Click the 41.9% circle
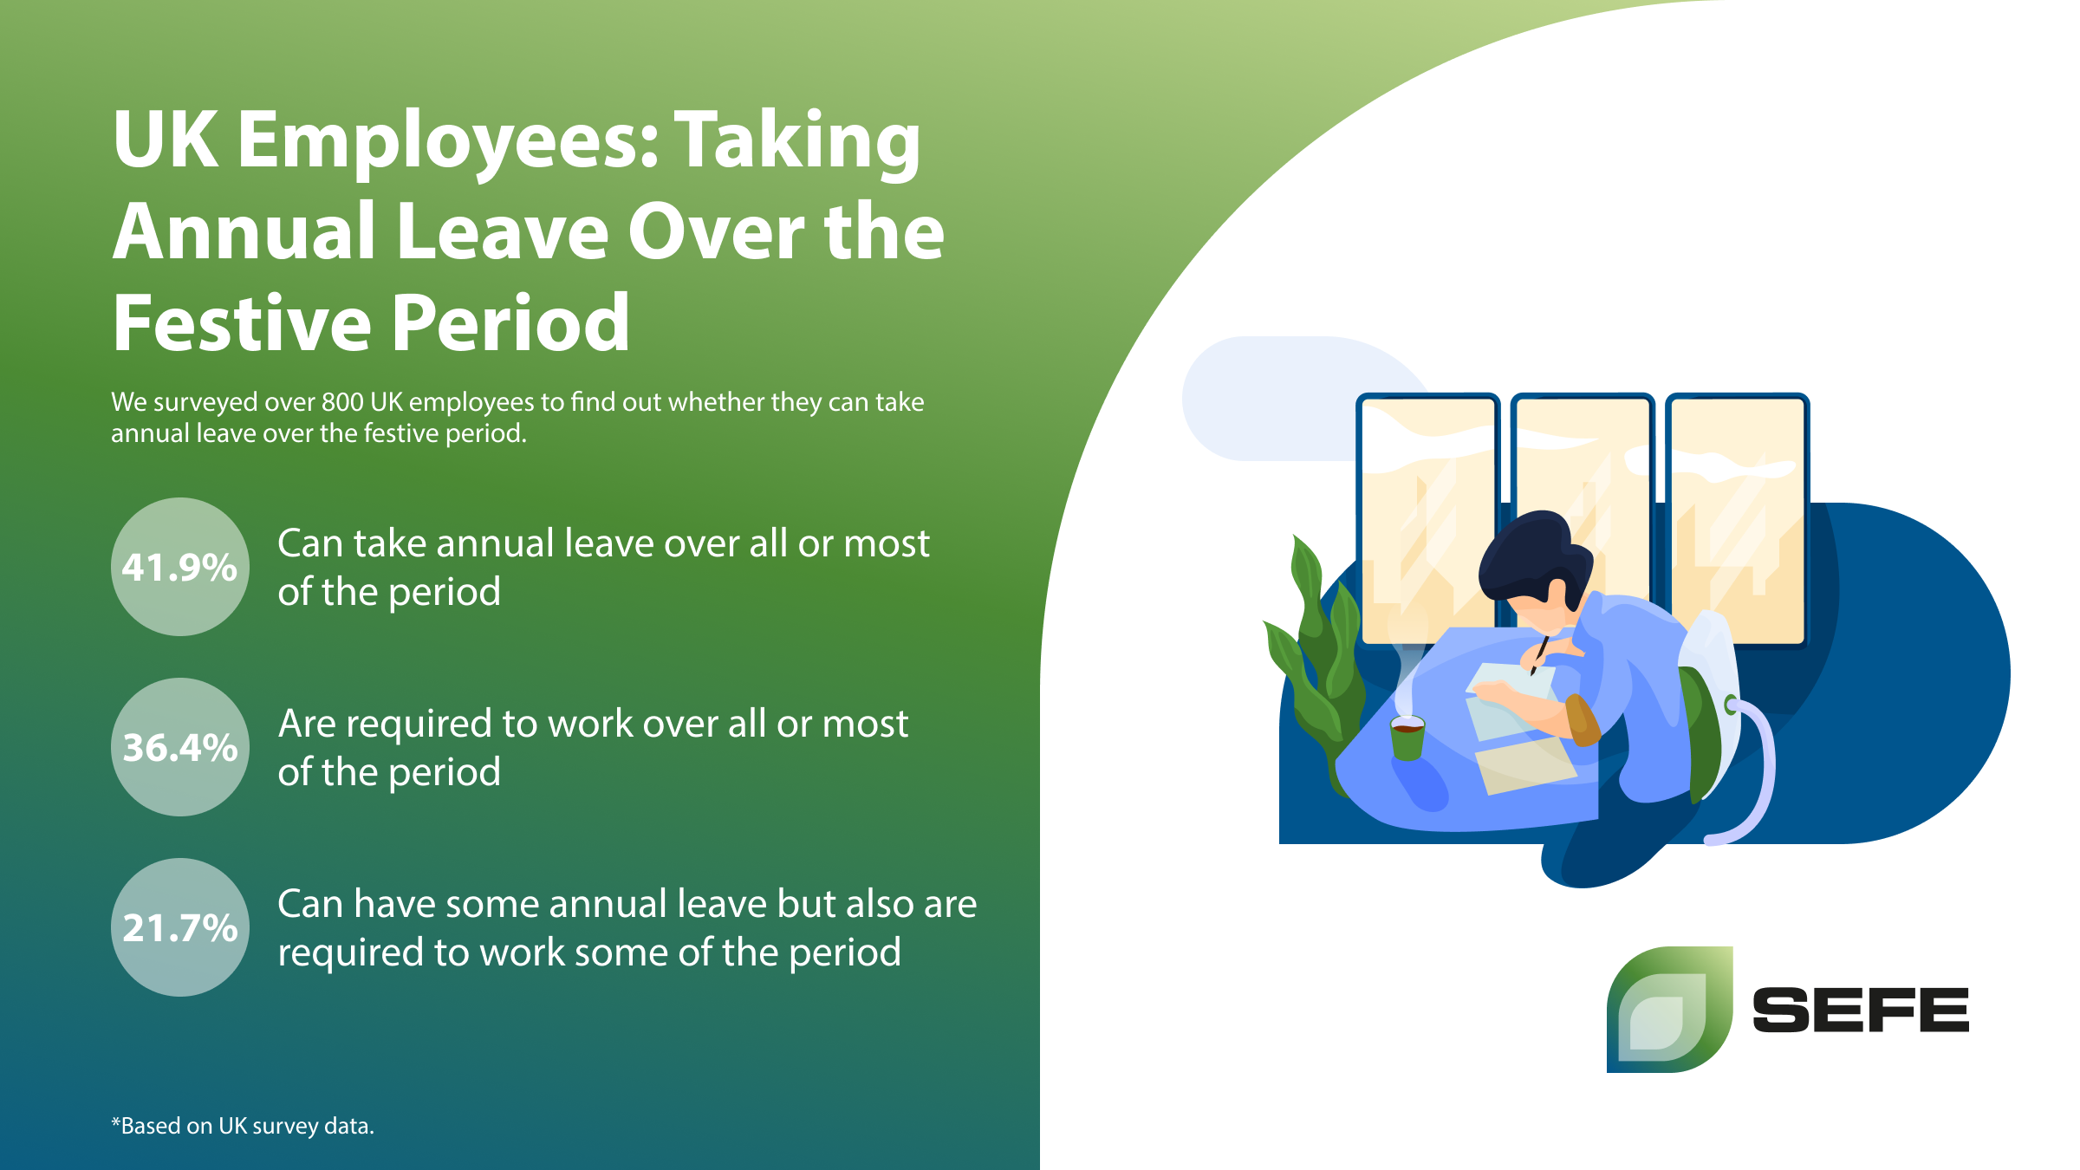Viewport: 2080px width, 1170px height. tap(180, 567)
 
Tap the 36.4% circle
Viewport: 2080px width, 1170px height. tap(180, 747)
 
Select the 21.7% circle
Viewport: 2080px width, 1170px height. tap(180, 927)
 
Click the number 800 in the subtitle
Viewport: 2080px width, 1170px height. tap(342, 402)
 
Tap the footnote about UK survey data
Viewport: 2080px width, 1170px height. tap(243, 1126)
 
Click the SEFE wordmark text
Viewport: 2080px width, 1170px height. tap(1861, 1010)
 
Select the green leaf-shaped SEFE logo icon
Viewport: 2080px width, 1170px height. tap(1670, 1010)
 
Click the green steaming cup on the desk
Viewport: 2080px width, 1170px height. tap(1407, 738)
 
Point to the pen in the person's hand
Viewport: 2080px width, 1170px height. tap(1539, 654)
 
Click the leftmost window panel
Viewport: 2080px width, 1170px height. tap(1428, 520)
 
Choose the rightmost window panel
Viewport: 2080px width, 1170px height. tap(1738, 520)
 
